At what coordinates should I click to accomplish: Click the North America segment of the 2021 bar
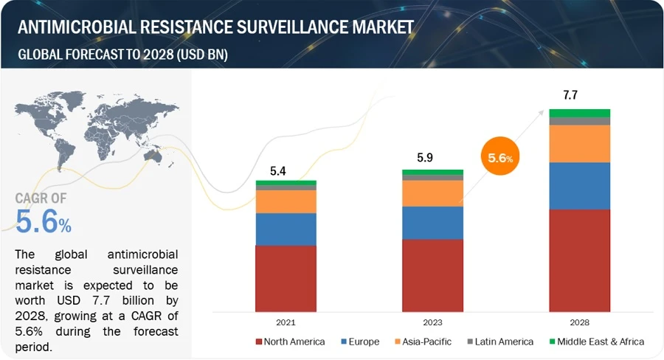coord(286,278)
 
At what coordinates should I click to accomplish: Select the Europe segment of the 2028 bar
coord(579,186)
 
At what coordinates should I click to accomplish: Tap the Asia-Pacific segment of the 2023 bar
coord(432,193)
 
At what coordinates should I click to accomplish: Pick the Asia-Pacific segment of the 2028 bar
coord(579,143)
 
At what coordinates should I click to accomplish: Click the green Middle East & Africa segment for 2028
coord(579,113)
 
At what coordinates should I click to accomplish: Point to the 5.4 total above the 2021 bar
coord(278,171)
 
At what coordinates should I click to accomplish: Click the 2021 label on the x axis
coord(286,322)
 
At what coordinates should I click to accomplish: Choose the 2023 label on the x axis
coord(432,322)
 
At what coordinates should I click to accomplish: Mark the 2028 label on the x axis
coord(579,322)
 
